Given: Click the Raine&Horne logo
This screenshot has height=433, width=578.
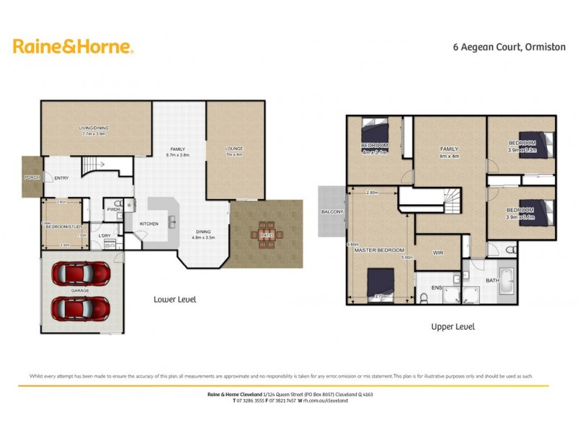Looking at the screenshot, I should [73, 47].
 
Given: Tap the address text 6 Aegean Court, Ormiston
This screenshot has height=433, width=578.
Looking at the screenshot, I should [498, 48].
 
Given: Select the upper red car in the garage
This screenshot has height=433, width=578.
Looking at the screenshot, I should [81, 274].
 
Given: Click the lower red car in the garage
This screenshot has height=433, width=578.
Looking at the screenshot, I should [81, 308].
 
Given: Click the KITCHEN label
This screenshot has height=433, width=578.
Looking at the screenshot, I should [149, 224].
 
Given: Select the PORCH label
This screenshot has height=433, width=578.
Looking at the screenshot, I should [32, 177].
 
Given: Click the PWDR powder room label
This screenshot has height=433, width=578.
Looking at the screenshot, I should [113, 209].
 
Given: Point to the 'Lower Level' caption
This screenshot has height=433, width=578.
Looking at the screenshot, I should [175, 299].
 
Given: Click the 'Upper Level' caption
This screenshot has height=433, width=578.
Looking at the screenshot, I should [452, 326].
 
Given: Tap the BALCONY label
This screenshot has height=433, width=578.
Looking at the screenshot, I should [332, 211].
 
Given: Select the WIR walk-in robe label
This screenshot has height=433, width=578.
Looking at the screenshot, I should [437, 253].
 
